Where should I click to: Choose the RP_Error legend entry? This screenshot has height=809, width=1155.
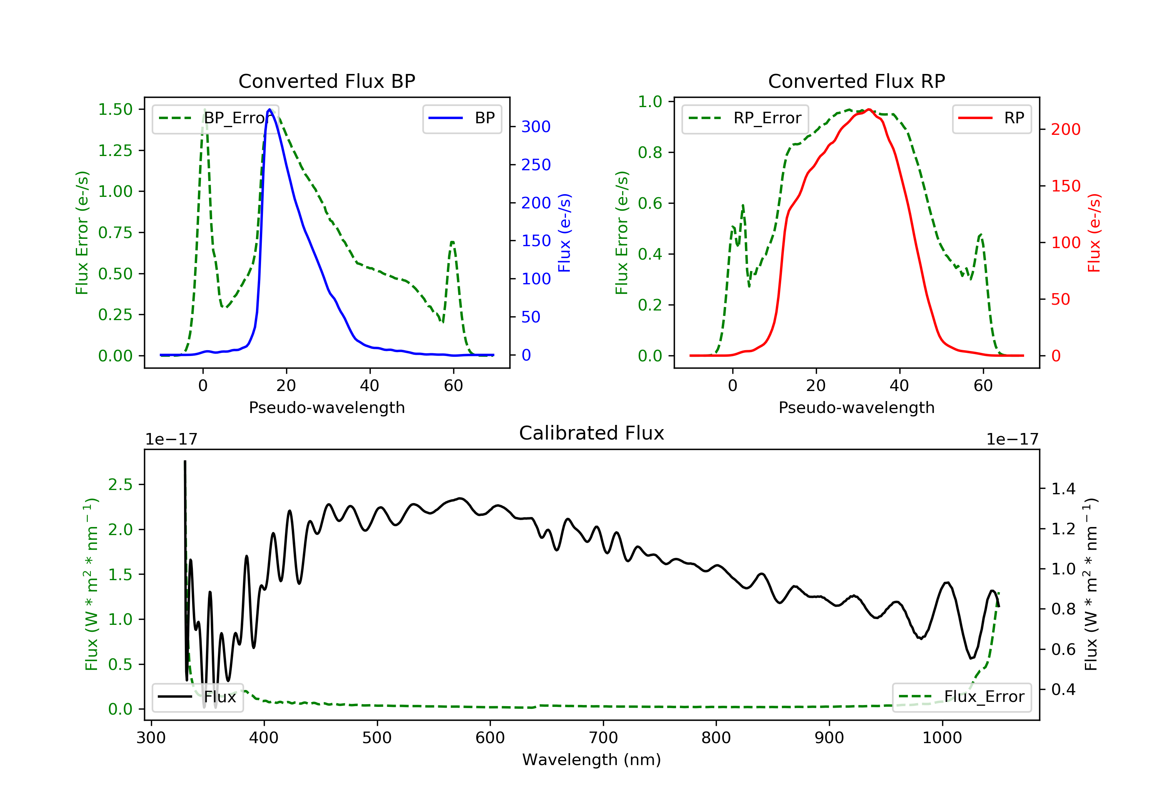point(745,118)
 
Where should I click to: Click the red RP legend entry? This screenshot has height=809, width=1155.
point(991,118)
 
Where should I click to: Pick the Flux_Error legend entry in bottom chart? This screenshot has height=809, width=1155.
point(961,697)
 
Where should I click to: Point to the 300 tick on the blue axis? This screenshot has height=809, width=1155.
point(536,127)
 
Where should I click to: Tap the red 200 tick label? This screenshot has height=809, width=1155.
point(1065,130)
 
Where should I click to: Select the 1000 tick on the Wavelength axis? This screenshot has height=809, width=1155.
point(942,738)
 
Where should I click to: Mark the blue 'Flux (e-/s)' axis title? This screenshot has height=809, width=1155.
point(564,233)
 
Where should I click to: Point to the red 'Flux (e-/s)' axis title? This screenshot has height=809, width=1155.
point(1094,233)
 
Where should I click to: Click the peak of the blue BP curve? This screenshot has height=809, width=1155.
point(269,109)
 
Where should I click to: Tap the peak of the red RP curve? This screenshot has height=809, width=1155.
point(869,109)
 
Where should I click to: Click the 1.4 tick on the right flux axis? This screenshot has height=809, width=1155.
point(1063,489)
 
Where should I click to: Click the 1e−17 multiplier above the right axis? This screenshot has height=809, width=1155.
point(1012,440)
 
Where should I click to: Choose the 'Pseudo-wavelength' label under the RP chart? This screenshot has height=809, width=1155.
point(856,408)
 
